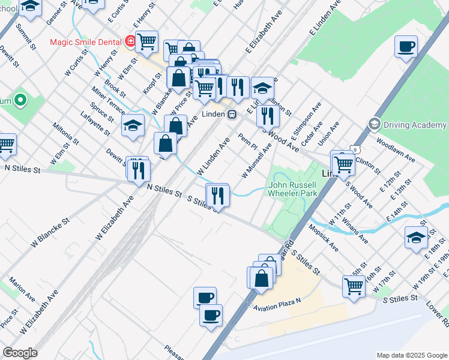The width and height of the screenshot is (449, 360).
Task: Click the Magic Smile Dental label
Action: tap(86, 42)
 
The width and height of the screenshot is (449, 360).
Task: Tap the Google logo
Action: tap(20, 353)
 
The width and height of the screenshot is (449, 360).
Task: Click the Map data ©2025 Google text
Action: tap(411, 355)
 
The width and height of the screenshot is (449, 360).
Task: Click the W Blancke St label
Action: tap(52, 233)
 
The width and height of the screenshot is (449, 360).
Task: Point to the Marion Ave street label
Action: tap(22, 290)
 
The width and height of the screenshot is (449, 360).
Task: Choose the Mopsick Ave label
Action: tap(324, 238)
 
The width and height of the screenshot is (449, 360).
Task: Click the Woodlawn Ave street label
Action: tap(396, 150)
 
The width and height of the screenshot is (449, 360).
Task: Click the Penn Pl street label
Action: tap(247, 143)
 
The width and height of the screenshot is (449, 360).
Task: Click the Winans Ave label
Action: tap(355, 230)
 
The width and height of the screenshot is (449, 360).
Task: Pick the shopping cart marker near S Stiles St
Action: tap(354, 286)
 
